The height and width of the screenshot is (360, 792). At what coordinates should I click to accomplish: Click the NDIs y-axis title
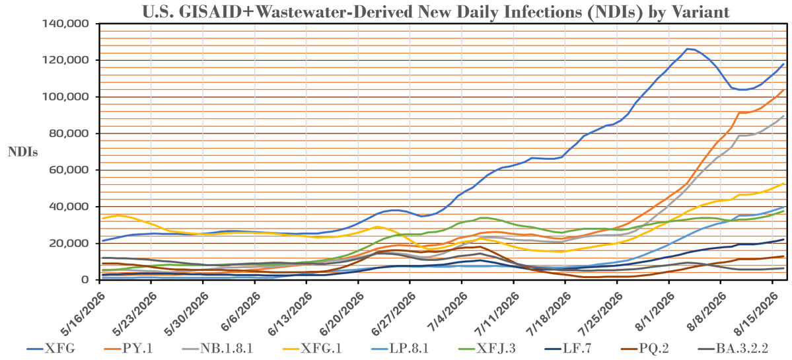pyautogui.click(x=22, y=151)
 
